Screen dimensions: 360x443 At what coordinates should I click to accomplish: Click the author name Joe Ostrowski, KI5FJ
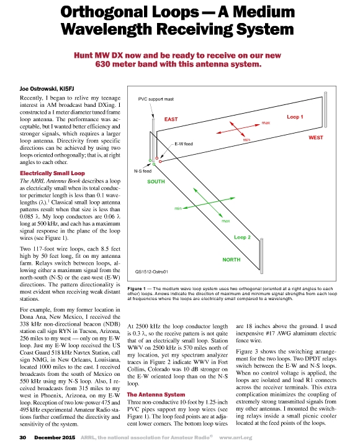tap(47, 89)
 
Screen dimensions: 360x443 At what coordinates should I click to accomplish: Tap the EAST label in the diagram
tap(171, 119)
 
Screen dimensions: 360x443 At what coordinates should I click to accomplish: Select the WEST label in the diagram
tap(316, 137)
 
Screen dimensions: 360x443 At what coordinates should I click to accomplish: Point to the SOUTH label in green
tap(156, 181)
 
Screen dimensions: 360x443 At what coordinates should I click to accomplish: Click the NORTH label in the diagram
tap(232, 260)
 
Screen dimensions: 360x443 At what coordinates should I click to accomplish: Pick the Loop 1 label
tap(295, 117)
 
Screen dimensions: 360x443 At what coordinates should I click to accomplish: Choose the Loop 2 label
tap(242, 237)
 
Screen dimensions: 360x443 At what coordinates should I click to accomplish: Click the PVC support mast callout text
tap(156, 99)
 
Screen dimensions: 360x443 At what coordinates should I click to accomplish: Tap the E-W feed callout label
tap(184, 144)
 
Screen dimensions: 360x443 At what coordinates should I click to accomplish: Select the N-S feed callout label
tap(143, 171)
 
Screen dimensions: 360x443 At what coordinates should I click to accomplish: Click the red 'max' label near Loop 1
tap(266, 122)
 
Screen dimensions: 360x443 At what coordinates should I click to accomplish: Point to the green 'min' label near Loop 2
tap(178, 209)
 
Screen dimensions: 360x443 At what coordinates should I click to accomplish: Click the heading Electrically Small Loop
tap(52, 173)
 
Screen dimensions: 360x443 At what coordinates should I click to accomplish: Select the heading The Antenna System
tap(156, 395)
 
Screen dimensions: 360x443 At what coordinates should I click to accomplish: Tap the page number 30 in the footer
tap(23, 437)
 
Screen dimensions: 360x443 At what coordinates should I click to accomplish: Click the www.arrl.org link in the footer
tap(236, 437)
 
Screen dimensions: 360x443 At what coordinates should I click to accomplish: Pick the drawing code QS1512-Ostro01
tap(151, 272)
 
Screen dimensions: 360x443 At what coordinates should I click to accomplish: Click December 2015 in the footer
tap(55, 437)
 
